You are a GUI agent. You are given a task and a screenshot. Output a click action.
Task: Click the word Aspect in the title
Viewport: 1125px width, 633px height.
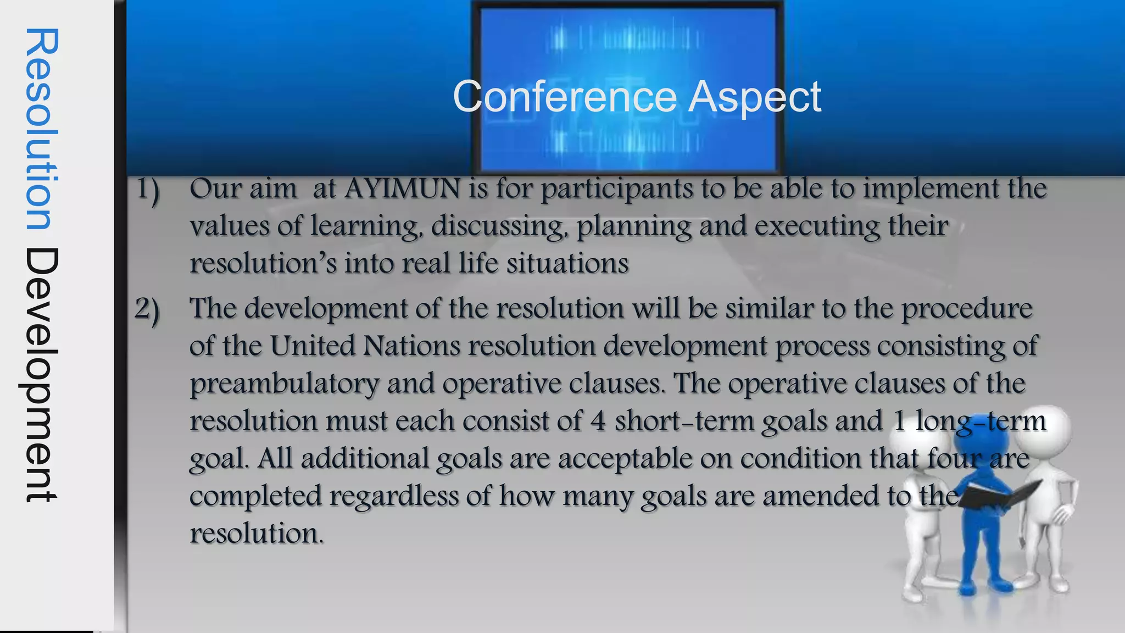[x=755, y=97]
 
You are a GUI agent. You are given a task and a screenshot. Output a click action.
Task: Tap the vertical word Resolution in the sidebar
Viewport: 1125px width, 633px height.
[x=42, y=129]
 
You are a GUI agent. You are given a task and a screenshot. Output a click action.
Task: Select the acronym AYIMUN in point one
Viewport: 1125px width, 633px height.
[x=402, y=188]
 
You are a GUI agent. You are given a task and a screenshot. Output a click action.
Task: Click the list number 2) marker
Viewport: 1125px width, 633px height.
[x=147, y=310]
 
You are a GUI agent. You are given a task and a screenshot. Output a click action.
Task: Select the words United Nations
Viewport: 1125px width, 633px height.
[x=365, y=346]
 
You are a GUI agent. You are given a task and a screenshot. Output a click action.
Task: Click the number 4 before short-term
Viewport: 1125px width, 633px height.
[x=598, y=421]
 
